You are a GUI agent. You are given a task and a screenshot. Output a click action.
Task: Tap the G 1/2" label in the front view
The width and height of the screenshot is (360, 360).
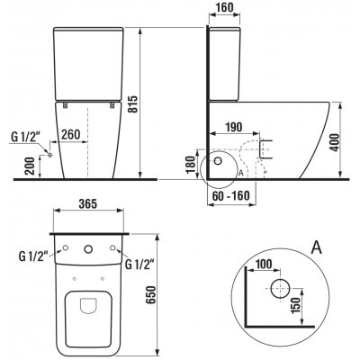coord(24,137)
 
